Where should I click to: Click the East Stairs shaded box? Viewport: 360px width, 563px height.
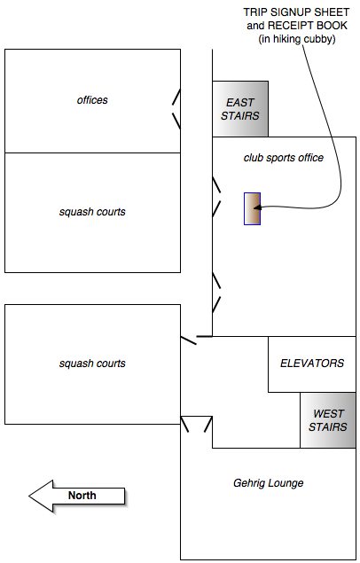pyautogui.click(x=240, y=109)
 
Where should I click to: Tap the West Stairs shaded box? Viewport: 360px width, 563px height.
pyautogui.click(x=328, y=420)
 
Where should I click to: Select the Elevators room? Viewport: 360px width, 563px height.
pyautogui.click(x=312, y=364)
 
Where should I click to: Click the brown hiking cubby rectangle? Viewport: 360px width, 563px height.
pyautogui.click(x=252, y=208)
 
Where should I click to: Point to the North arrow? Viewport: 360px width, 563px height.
pyautogui.click(x=77, y=496)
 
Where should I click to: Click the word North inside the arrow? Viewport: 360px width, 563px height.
pyautogui.click(x=82, y=496)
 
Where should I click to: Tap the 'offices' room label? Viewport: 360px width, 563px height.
pyautogui.click(x=92, y=100)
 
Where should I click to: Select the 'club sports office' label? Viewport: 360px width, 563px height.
pyautogui.click(x=284, y=158)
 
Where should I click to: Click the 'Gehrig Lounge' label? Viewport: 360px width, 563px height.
pyautogui.click(x=269, y=483)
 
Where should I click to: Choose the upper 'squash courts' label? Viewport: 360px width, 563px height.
pyautogui.click(x=92, y=212)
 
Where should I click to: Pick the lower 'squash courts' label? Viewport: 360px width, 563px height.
pyautogui.click(x=92, y=364)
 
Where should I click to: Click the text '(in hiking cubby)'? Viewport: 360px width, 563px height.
pyautogui.click(x=297, y=39)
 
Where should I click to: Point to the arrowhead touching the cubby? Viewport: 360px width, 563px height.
pyautogui.click(x=257, y=207)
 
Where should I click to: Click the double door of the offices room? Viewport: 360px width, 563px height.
pyautogui.click(x=176, y=109)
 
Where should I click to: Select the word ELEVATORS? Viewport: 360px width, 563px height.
pyautogui.click(x=312, y=364)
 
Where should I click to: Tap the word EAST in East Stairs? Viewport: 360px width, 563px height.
pyautogui.click(x=240, y=103)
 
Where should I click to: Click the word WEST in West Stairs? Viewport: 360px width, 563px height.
pyautogui.click(x=328, y=414)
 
